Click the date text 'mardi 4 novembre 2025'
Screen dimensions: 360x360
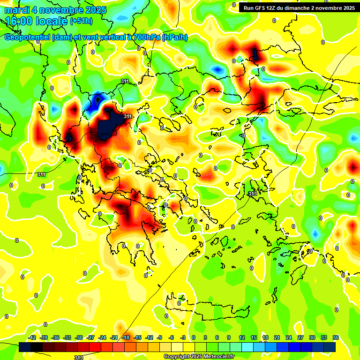click(x=55, y=9)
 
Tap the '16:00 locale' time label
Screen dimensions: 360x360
click(x=36, y=21)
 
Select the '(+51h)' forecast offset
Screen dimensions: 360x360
click(x=81, y=21)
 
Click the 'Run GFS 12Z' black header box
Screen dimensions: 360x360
click(x=299, y=7)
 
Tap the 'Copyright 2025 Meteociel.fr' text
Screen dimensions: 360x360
click(x=199, y=357)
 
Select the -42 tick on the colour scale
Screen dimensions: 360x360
click(x=32, y=337)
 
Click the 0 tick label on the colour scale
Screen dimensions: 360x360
click(x=194, y=337)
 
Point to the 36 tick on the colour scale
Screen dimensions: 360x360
click(x=336, y=337)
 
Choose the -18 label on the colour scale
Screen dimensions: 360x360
click(x=126, y=337)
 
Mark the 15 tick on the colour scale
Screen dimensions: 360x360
click(x=254, y=337)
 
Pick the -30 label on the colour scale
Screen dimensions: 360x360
click(x=79, y=337)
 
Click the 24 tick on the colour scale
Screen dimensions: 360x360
click(x=288, y=337)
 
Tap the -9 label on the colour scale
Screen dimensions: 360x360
click(x=160, y=337)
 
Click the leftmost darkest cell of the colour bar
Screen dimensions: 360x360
click(x=25, y=347)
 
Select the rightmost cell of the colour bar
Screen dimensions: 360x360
click(x=330, y=347)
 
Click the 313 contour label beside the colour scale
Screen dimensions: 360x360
click(x=79, y=357)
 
